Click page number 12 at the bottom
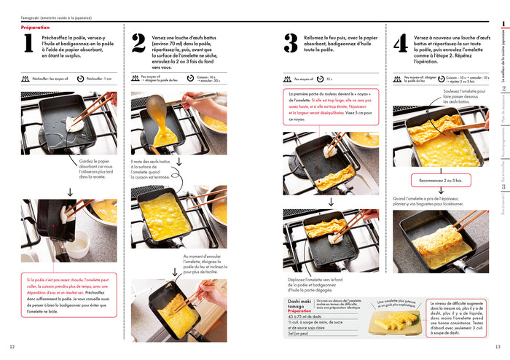(x=12, y=346)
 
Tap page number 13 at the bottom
(x=498, y=346)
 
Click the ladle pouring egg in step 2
(x=158, y=109)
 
